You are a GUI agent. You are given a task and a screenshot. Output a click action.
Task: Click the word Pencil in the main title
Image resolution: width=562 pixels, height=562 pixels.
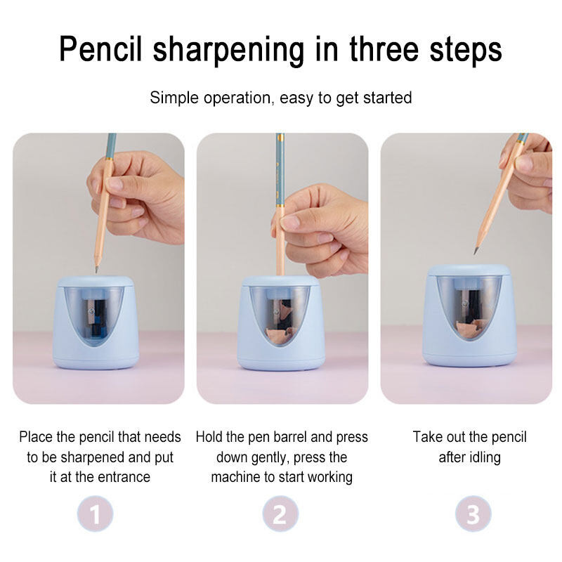[x=100, y=50]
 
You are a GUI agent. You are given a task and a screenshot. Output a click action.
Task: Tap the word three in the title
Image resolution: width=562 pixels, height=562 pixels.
[x=384, y=48]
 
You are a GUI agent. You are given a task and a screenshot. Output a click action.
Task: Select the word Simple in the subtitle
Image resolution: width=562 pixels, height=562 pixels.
[x=174, y=98]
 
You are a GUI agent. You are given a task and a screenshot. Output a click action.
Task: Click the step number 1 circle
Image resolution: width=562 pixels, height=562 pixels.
[x=96, y=514]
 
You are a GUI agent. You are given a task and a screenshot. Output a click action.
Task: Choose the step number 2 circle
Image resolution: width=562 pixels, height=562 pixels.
[x=280, y=514]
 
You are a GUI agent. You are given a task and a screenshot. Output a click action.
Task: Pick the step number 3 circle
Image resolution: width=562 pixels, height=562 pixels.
[x=473, y=514]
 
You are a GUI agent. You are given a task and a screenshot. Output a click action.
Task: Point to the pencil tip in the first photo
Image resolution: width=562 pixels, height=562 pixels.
[x=96, y=269]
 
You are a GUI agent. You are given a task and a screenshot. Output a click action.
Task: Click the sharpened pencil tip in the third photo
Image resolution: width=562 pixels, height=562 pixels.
[x=476, y=250]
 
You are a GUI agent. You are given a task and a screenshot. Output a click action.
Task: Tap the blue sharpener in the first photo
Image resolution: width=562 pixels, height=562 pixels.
[x=96, y=322]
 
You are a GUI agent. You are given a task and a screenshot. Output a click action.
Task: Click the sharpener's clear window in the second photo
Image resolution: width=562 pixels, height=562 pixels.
[x=280, y=314]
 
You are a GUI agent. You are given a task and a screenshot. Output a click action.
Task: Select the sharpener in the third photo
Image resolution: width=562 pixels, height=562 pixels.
[x=469, y=315]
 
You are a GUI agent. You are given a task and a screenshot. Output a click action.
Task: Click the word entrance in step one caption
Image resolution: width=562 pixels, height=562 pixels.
[x=124, y=477]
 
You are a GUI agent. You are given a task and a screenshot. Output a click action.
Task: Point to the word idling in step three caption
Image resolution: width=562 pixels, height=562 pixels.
[x=483, y=458]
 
